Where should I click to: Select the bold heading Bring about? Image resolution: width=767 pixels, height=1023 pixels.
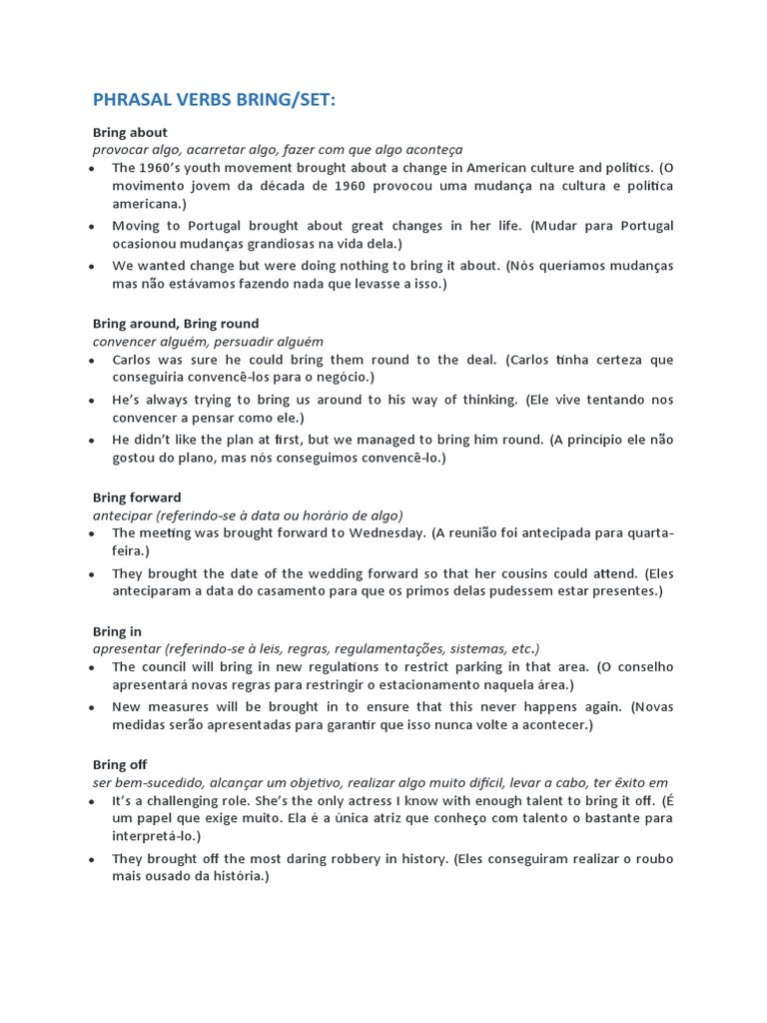(130, 132)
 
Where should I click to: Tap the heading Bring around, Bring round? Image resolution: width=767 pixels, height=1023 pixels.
(176, 324)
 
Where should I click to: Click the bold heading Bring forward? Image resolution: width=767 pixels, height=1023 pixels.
(137, 498)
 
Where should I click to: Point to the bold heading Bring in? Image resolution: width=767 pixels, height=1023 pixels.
(117, 631)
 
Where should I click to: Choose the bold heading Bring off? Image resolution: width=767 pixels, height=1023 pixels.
(120, 765)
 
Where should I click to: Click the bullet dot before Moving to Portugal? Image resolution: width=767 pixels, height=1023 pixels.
(91, 227)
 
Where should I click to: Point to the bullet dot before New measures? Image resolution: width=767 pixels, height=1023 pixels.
(91, 708)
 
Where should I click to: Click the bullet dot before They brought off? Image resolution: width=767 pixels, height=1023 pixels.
(91, 860)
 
